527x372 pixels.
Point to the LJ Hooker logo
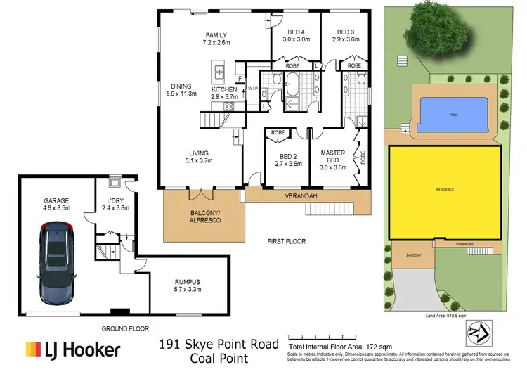(73, 349)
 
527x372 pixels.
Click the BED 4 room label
(295, 32)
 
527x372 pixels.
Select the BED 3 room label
(345, 32)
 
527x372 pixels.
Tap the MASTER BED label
(334, 153)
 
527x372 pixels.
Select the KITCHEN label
(225, 90)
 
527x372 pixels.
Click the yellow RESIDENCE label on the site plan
(444, 189)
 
